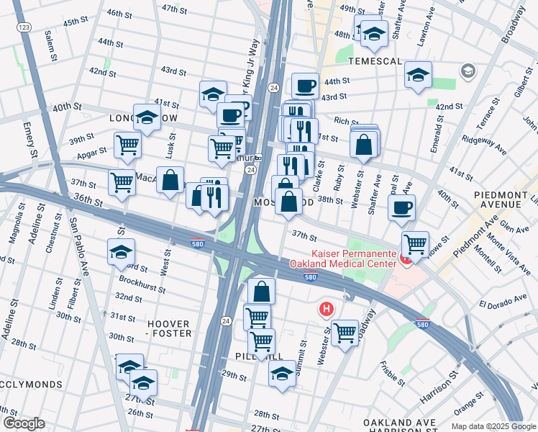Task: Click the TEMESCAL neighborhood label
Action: click(x=375, y=61)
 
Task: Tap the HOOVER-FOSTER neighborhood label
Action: click(x=170, y=329)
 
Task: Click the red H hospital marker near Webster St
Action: click(x=326, y=310)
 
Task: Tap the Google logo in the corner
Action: click(x=24, y=423)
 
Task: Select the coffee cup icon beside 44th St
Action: click(x=305, y=86)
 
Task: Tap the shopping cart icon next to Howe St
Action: click(x=415, y=244)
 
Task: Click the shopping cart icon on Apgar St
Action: click(x=127, y=145)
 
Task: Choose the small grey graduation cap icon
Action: click(x=468, y=71)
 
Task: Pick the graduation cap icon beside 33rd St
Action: click(x=121, y=252)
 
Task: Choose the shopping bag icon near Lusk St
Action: click(x=170, y=181)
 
